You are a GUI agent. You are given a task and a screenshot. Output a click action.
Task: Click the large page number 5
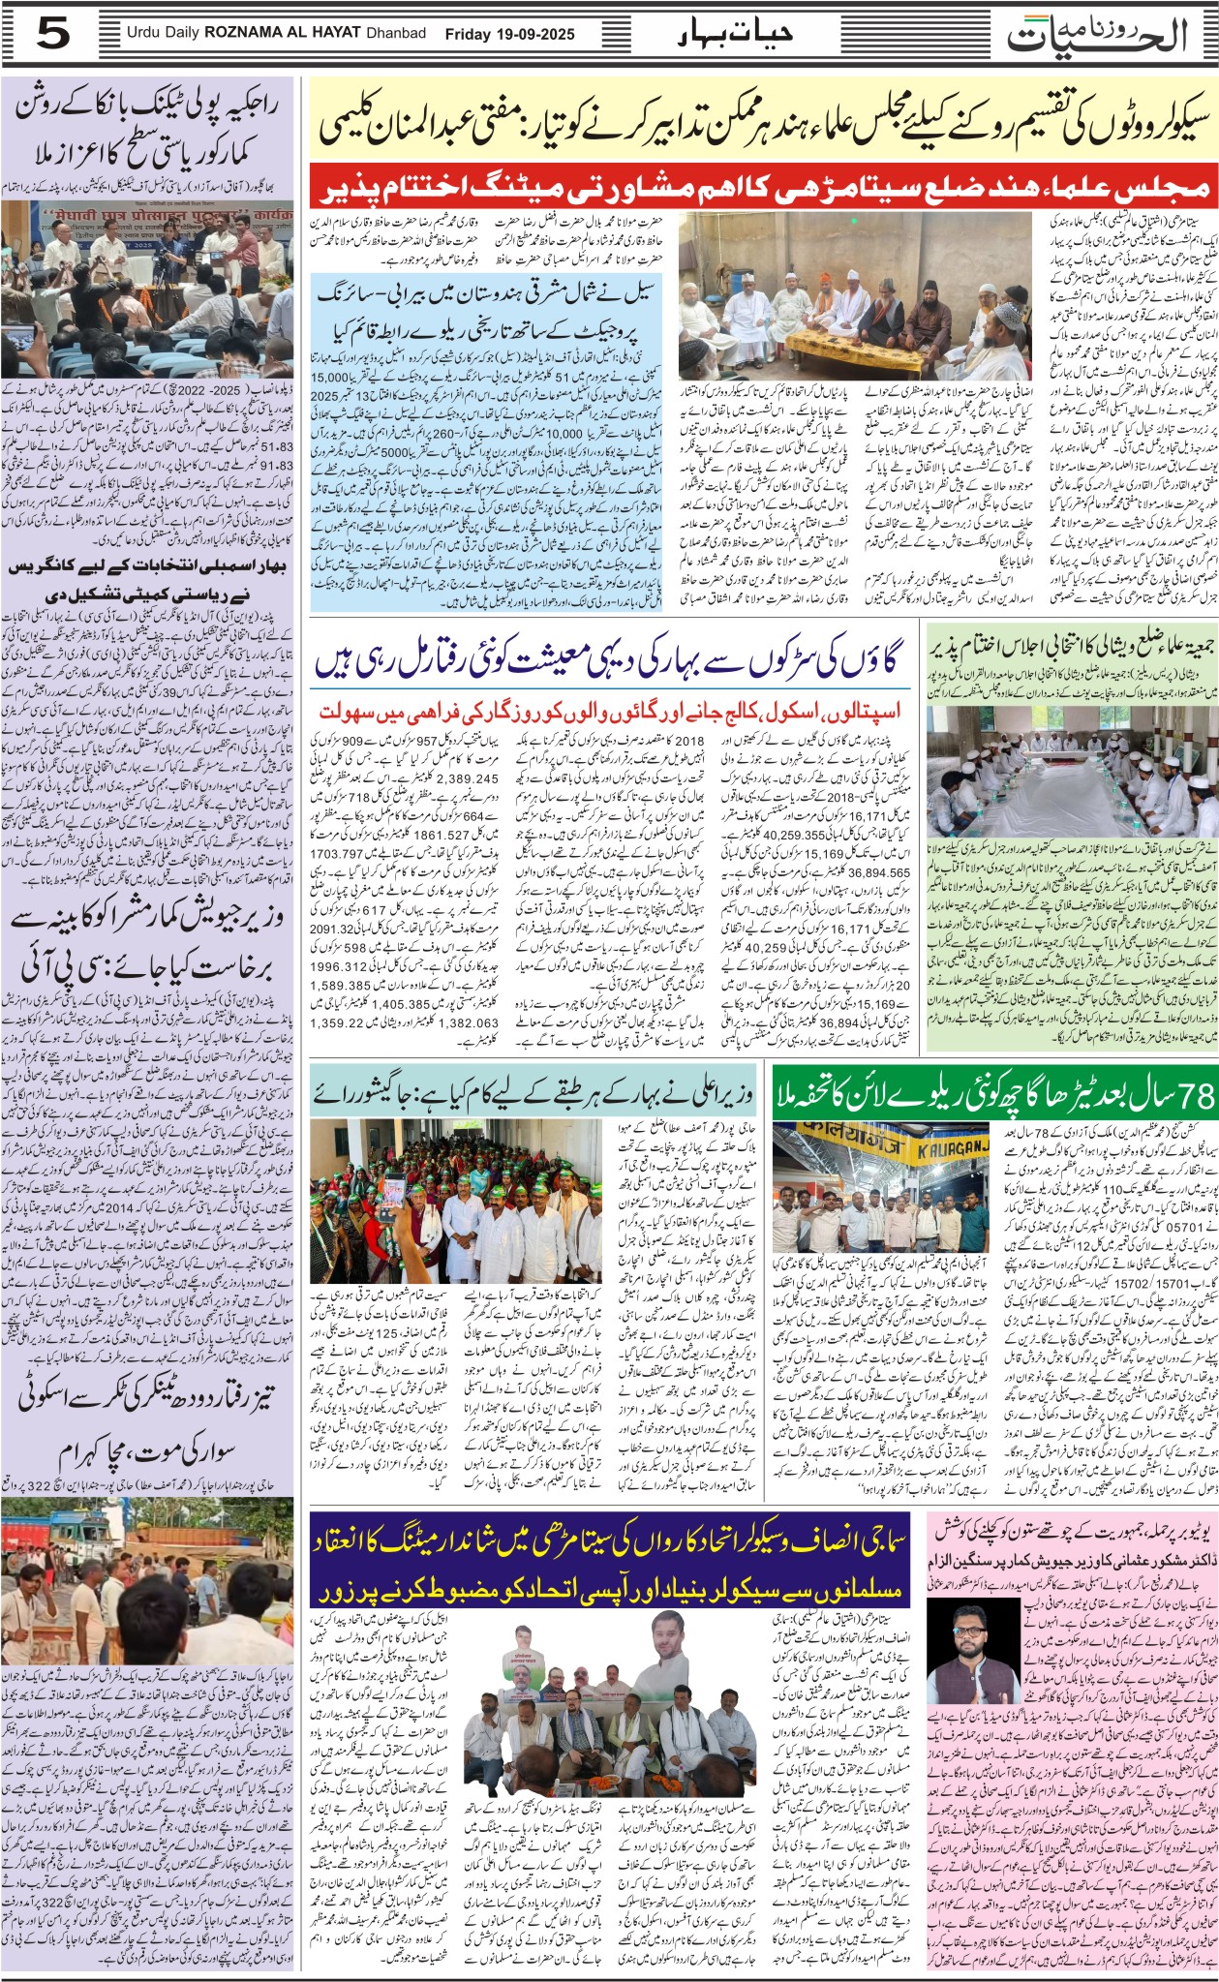[52, 35]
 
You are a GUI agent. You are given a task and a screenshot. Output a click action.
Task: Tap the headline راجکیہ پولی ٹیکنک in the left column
[148, 127]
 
